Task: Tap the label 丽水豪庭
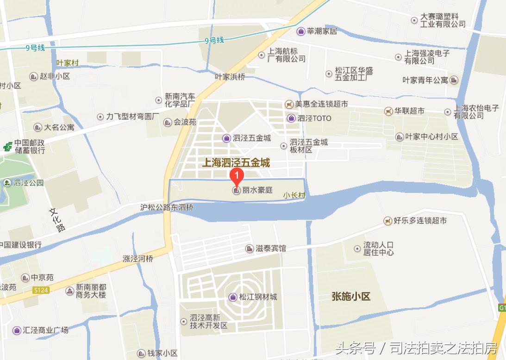point(258,190)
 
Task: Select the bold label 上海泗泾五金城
point(237,163)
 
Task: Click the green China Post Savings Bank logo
point(7,146)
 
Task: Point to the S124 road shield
point(41,290)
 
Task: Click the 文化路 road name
point(57,219)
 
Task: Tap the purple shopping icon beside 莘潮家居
point(301,31)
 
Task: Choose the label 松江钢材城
point(258,297)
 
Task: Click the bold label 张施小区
point(351,297)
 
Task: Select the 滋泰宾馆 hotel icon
point(250,248)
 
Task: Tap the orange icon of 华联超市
point(388,111)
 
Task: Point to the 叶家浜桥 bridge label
point(230,77)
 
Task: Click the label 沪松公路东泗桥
point(167,208)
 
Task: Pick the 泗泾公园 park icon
point(7,183)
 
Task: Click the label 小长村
point(294,196)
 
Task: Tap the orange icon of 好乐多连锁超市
point(387,221)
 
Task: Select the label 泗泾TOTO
point(315,118)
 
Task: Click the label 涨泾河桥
point(138,259)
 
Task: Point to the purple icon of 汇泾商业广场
point(17,330)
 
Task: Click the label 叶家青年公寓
point(425,80)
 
